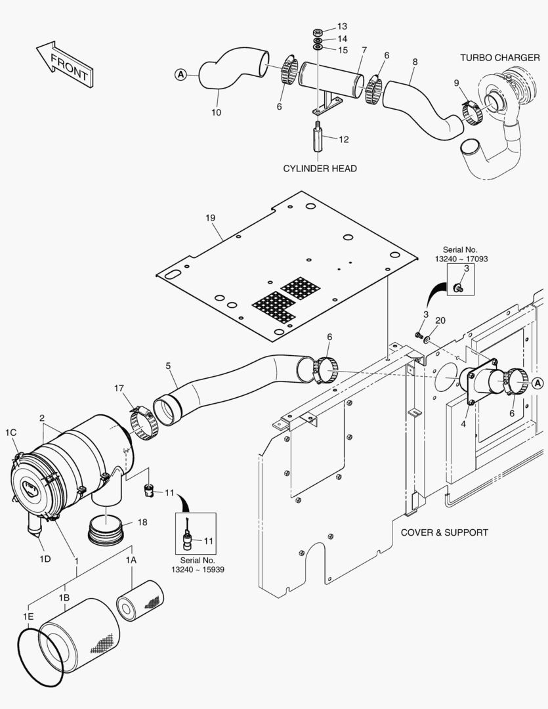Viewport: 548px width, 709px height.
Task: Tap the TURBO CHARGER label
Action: [x=499, y=58]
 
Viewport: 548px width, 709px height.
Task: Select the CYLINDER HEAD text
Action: [x=320, y=169]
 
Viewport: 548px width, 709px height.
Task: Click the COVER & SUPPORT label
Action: [x=444, y=532]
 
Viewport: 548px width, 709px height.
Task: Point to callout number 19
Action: [x=209, y=218]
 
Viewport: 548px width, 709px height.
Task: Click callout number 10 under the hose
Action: [x=216, y=112]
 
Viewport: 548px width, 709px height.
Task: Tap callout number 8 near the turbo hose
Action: [x=414, y=62]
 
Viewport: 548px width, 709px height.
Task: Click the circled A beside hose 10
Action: [x=180, y=75]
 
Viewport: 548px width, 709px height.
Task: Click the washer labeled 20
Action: [x=427, y=339]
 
